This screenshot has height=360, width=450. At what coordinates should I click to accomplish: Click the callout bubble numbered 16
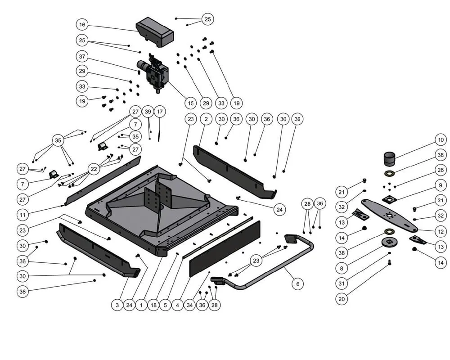82,24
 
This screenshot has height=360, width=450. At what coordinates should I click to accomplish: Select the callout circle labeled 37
82,57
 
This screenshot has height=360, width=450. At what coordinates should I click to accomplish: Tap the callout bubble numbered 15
190,103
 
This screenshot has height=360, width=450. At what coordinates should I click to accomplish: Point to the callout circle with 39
148,112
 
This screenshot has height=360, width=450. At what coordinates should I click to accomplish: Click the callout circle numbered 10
441,139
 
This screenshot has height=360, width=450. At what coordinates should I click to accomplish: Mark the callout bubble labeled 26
441,170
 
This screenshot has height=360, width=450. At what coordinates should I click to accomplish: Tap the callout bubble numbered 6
297,284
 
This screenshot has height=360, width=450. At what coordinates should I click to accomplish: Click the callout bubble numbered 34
189,305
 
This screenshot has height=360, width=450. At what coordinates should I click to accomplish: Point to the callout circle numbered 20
342,299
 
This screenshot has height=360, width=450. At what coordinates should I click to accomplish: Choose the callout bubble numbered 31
342,283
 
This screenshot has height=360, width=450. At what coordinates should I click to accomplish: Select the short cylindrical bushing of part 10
389,159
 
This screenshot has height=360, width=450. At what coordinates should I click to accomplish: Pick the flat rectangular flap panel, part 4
224,248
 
